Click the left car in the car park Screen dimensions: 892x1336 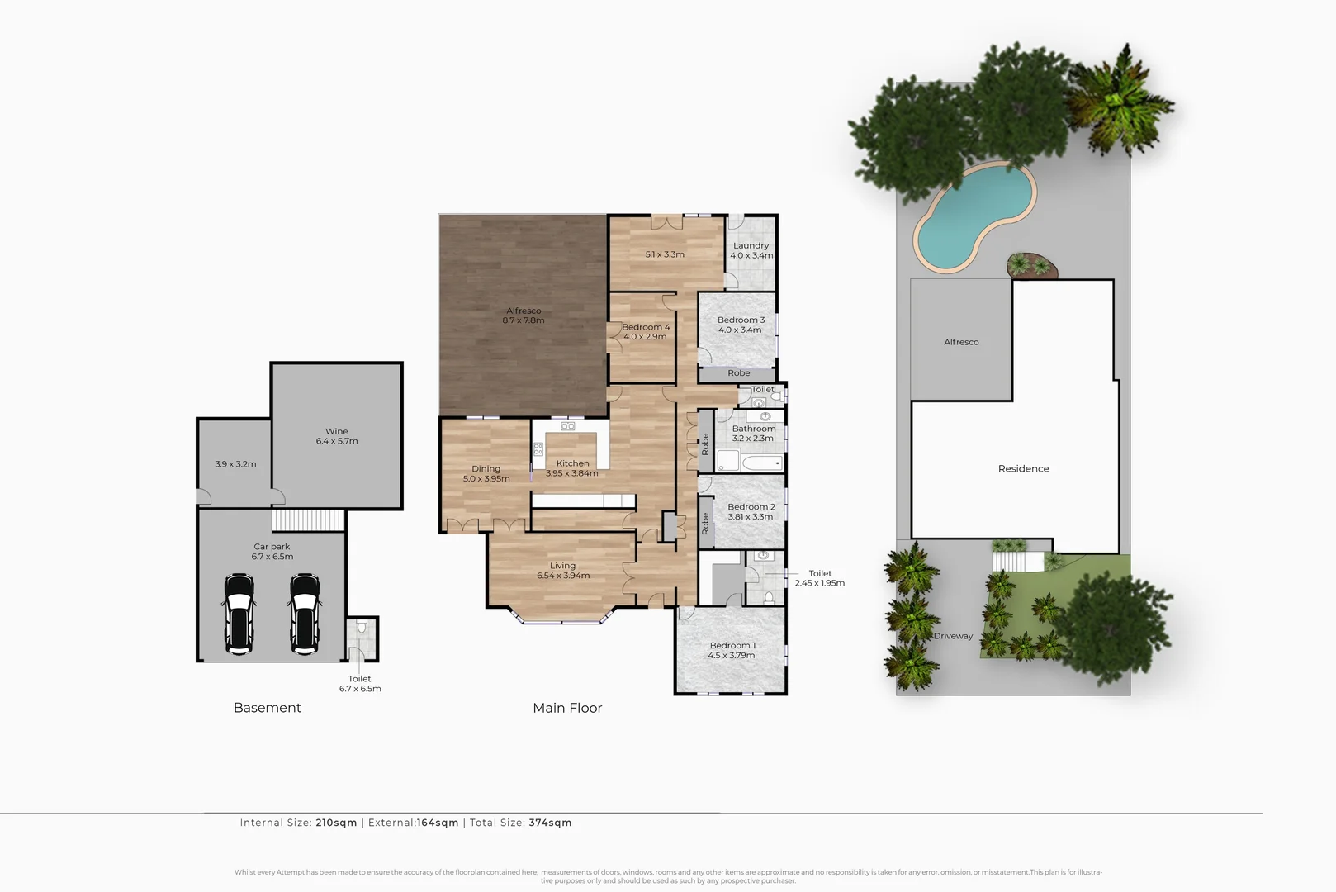[239, 614]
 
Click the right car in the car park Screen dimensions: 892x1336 [305, 614]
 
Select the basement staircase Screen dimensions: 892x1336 [308, 520]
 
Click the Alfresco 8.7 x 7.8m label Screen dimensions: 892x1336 [524, 316]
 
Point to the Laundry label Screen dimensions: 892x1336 [751, 245]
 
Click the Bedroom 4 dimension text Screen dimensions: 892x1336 [645, 337]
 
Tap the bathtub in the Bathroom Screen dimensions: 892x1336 [761, 463]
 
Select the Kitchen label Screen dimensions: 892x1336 [572, 463]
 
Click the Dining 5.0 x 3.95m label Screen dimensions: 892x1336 [486, 473]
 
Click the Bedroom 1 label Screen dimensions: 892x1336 [732, 646]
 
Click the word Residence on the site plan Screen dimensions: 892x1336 [1023, 468]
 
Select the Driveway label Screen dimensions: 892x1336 [953, 636]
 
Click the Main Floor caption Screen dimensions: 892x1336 [567, 708]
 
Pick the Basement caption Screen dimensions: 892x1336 [267, 708]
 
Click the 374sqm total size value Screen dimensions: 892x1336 [550, 823]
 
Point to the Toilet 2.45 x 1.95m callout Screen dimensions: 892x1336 [820, 578]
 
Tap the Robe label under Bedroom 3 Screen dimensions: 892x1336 [738, 373]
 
